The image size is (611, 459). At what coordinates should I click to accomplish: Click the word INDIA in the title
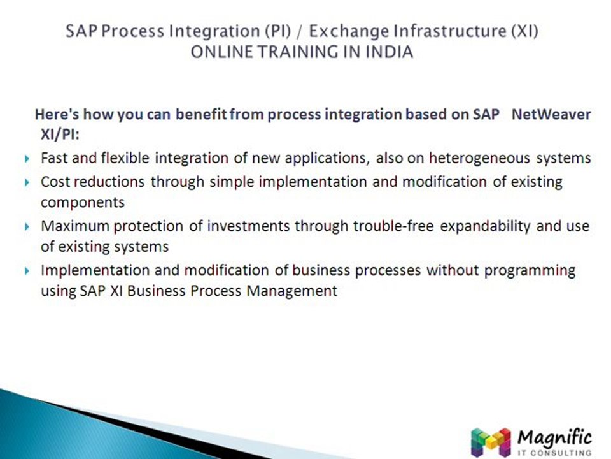coord(388,52)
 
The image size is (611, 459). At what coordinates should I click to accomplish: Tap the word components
coord(83,202)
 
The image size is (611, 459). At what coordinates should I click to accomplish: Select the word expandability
coord(486,226)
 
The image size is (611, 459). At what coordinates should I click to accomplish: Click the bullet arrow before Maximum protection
coord(26,227)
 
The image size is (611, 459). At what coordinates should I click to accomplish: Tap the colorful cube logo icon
coord(491,441)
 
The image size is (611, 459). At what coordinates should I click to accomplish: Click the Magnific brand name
coord(554,437)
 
